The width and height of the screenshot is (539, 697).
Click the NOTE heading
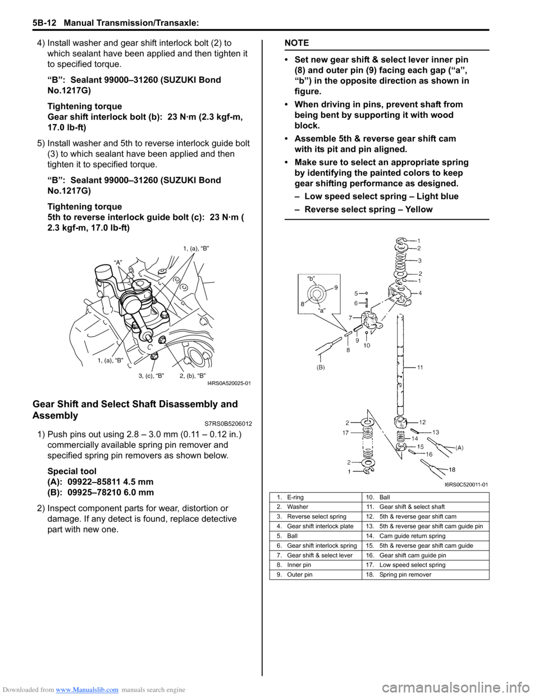click(296, 43)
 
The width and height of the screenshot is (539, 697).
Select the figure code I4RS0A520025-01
click(229, 383)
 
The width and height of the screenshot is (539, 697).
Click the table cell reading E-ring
click(295, 497)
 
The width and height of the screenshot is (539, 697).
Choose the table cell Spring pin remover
click(405, 575)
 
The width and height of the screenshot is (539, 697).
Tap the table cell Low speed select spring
click(412, 565)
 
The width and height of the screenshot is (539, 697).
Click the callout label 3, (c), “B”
click(151, 375)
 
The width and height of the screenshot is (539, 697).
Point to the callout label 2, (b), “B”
click(193, 375)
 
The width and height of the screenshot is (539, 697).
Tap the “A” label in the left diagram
click(118, 262)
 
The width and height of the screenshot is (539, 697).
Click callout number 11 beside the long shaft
click(420, 367)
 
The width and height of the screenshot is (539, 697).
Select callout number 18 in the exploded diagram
click(452, 469)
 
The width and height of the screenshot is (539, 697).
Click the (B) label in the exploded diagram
click(320, 367)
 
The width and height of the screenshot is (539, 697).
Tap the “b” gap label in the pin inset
click(311, 278)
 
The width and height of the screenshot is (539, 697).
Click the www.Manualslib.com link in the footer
click(87, 690)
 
